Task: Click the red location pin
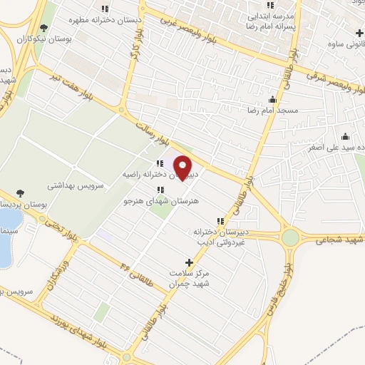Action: [x=183, y=167]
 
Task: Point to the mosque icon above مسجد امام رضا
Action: [x=272, y=100]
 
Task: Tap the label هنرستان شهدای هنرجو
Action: [x=160, y=202]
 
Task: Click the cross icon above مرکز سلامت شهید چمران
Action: [x=188, y=262]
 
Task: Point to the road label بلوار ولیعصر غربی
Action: [x=196, y=31]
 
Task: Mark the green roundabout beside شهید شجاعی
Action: [x=291, y=238]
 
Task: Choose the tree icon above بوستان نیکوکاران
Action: [x=44, y=29]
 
